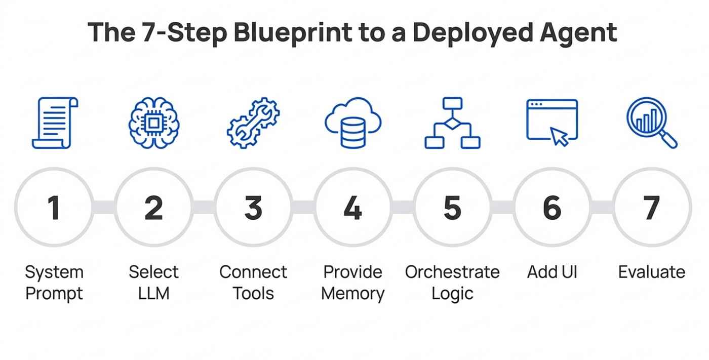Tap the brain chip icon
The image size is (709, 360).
(153, 123)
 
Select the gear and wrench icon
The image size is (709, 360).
(253, 123)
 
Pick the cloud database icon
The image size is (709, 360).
(353, 123)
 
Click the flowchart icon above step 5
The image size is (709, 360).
(452, 123)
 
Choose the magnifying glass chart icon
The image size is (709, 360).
(651, 123)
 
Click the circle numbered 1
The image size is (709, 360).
(54, 208)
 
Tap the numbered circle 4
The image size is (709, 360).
(353, 208)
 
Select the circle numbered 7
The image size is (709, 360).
(652, 208)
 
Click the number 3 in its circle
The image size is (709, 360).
(253, 208)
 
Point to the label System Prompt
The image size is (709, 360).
(54, 283)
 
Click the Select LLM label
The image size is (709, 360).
(153, 283)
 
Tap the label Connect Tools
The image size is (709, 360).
(253, 283)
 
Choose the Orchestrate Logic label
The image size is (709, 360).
(452, 283)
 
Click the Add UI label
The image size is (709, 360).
(552, 272)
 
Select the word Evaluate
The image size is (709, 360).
(652, 272)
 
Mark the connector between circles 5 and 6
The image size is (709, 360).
(502, 208)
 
